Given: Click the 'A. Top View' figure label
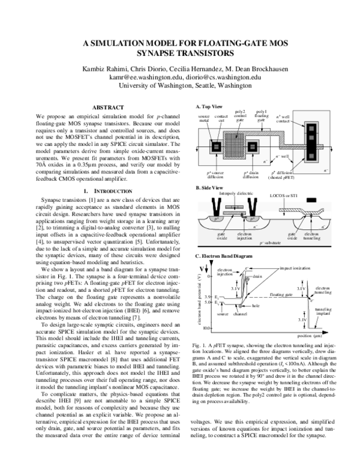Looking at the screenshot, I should point(209,106).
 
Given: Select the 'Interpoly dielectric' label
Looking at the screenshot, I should point(237,194).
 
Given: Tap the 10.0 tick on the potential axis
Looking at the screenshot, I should point(203,329).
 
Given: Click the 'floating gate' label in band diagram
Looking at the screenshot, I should point(281,295).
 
